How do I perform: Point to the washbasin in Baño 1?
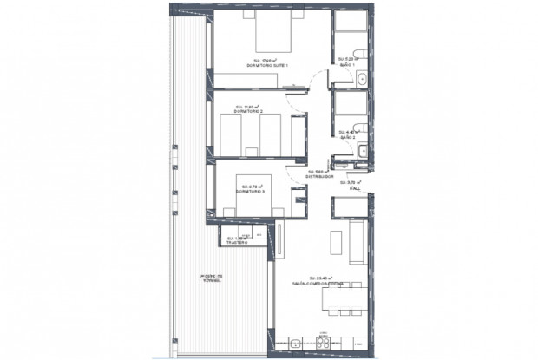361,81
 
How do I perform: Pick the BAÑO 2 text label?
349,137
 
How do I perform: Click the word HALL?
353,186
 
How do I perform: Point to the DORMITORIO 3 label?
250,190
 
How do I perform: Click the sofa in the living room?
357,243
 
